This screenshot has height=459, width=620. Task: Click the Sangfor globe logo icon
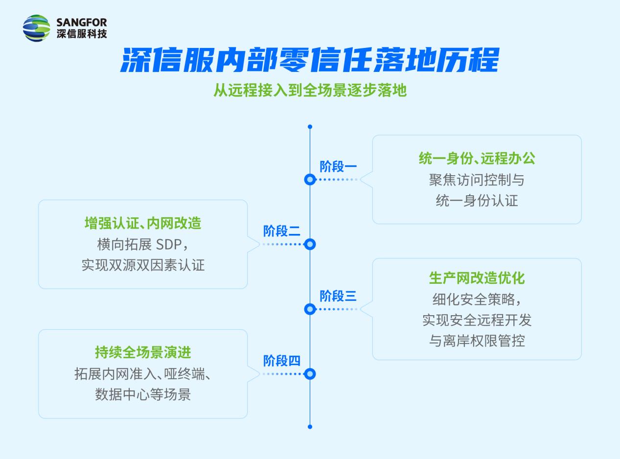36,28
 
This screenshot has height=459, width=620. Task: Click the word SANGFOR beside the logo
82,23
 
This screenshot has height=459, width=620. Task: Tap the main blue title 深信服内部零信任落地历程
310,60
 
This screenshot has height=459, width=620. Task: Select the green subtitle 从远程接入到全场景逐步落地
310,91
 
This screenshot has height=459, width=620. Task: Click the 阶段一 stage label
338,166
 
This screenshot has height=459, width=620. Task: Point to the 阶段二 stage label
282,231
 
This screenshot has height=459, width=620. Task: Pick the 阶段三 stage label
338,296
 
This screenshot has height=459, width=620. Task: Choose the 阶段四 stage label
282,361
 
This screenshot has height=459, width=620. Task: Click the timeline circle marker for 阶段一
310,180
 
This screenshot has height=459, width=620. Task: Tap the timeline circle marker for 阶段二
310,244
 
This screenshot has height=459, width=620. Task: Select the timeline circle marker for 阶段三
310,309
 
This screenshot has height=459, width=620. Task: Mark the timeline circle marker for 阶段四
310,374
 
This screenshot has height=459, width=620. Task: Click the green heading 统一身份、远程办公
477,159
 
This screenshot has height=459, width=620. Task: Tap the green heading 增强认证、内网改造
143,223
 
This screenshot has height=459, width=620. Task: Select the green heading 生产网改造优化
477,278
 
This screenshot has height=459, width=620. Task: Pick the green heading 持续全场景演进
143,352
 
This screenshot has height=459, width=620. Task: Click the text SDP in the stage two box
169,245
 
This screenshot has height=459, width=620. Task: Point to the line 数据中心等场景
143,395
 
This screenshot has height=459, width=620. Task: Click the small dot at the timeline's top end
310,127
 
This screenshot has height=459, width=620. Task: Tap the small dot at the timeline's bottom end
310,427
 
